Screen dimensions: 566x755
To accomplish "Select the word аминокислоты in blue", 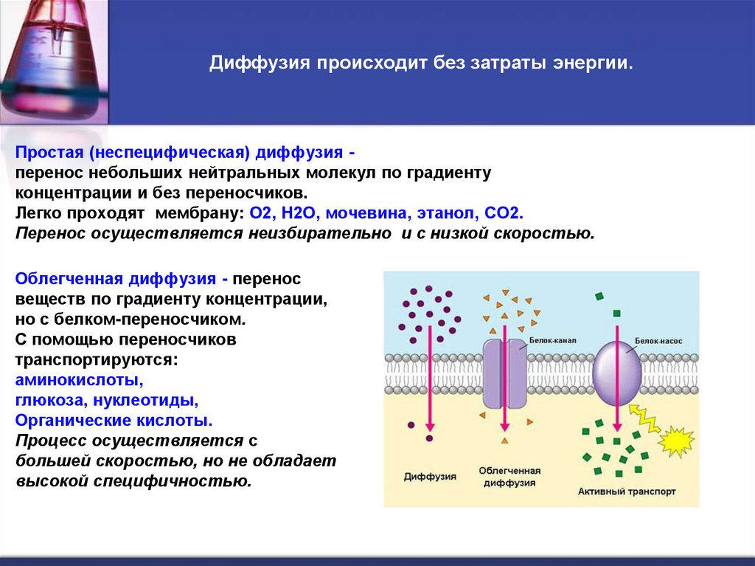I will [x=78, y=381].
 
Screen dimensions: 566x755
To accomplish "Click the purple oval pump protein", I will [x=616, y=373].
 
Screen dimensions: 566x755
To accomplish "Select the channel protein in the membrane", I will [x=505, y=374].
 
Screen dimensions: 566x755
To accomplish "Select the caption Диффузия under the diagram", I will [x=430, y=477].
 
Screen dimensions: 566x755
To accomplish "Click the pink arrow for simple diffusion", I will [x=429, y=384].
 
